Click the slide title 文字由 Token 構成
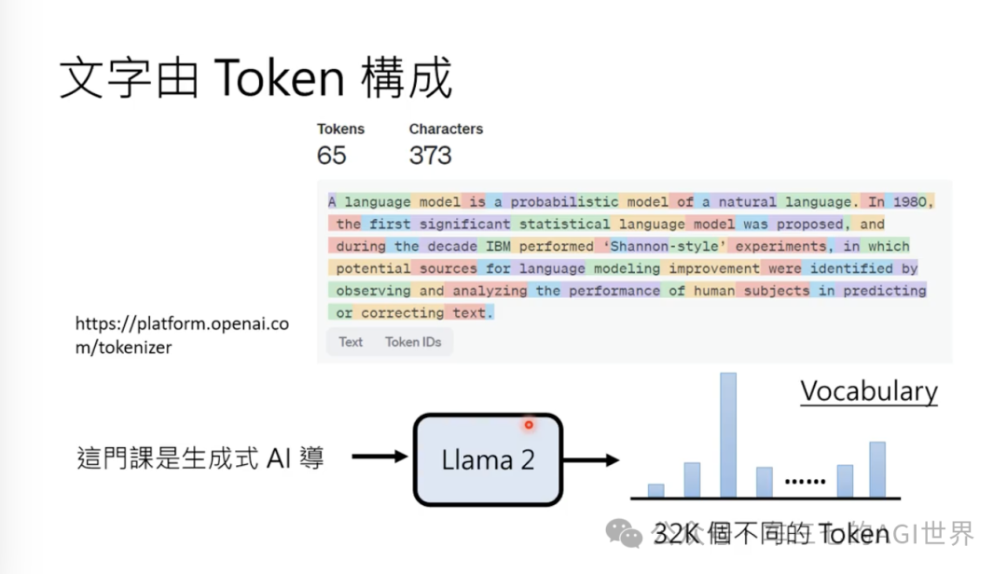[x=255, y=78]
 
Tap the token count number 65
[x=331, y=156]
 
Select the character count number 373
[x=430, y=156]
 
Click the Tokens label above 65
[x=340, y=129]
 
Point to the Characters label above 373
[x=446, y=129]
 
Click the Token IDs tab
[x=413, y=342]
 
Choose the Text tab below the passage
[x=351, y=342]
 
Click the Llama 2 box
[x=488, y=458]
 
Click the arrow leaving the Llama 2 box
[x=591, y=459]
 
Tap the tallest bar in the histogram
[x=727, y=434]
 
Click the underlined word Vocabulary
[x=868, y=391]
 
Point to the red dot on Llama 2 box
[x=529, y=425]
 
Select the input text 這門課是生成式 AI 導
[x=200, y=458]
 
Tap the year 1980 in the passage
[x=910, y=201]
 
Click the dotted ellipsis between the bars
[x=804, y=482]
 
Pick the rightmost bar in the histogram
[x=877, y=469]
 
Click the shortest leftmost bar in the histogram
[x=655, y=490]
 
